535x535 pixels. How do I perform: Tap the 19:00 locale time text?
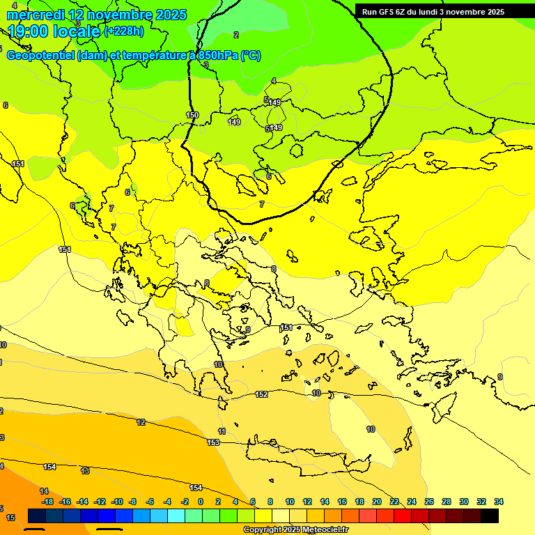click(54, 31)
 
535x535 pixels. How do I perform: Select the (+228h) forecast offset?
click(123, 31)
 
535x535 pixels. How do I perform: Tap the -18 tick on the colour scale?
click(47, 502)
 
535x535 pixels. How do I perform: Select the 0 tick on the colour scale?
click(201, 502)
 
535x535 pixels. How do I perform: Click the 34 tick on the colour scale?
click(498, 502)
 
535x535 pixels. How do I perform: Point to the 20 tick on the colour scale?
click(377, 502)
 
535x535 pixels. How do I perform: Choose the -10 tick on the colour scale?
click(117, 502)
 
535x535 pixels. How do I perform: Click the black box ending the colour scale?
click(490, 515)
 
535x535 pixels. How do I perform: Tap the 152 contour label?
click(261, 394)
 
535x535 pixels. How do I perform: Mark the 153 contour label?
click(213, 442)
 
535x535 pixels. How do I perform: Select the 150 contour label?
click(192, 115)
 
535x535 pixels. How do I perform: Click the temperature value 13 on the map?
click(85, 471)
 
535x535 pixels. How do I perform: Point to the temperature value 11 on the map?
click(222, 432)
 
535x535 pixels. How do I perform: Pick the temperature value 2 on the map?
click(235, 35)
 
